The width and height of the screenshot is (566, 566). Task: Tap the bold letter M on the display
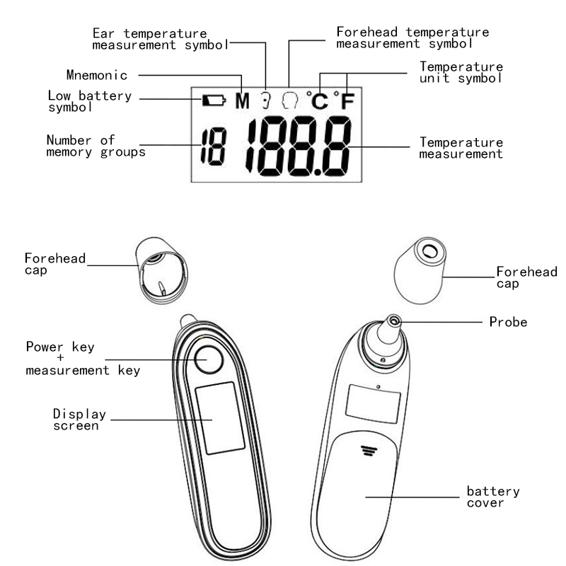(243, 100)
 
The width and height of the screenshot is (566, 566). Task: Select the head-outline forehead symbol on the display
(289, 100)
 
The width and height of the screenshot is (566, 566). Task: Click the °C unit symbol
(318, 101)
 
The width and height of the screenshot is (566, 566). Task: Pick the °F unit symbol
(345, 101)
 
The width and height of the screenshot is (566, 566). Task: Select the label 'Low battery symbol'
(89, 101)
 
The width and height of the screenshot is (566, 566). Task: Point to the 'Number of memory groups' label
(96, 146)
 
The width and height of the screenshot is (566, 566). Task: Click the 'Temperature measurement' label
(461, 148)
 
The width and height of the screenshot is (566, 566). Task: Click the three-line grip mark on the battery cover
(366, 450)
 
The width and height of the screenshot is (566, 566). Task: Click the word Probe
(508, 322)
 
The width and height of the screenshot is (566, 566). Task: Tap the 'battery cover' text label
(493, 497)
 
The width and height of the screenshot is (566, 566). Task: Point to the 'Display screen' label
(80, 419)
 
